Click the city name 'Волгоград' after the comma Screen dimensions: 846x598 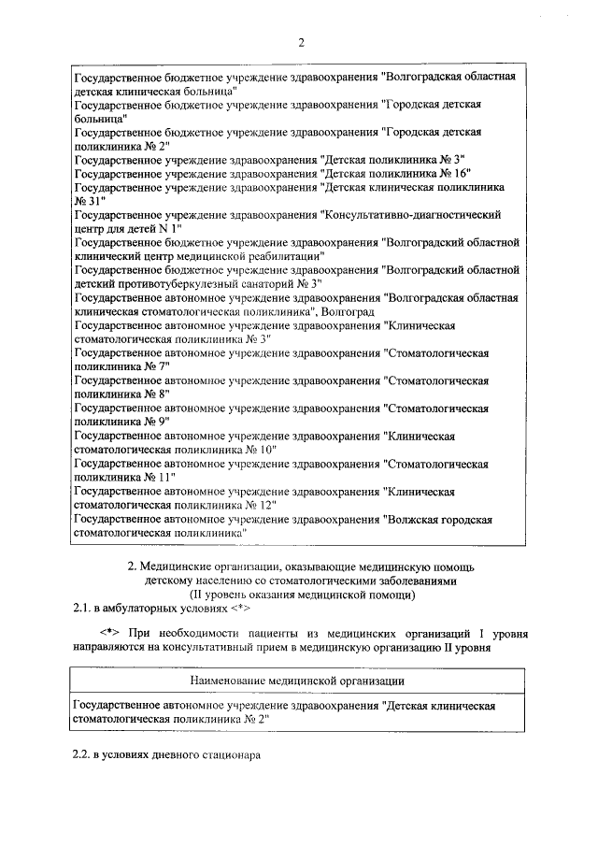tap(350, 310)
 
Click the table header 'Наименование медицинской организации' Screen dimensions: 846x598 tap(298, 680)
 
